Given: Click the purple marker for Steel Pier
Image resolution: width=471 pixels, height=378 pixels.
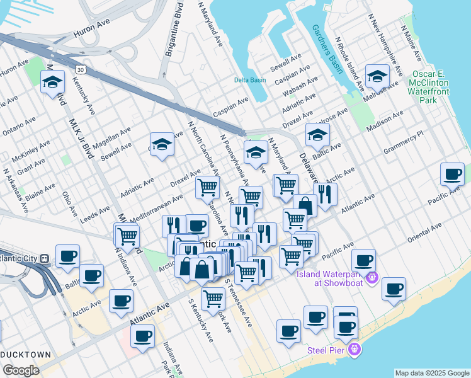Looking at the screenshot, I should (355, 349).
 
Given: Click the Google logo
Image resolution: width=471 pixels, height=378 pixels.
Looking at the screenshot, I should (21, 370).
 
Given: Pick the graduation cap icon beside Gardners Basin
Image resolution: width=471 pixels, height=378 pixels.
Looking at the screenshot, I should (377, 77).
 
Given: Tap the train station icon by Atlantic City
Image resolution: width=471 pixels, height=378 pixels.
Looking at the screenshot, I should (44, 258).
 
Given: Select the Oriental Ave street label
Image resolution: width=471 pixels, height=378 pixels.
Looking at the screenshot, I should (423, 236).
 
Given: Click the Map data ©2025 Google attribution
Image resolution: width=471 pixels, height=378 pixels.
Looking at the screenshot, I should (432, 373).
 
